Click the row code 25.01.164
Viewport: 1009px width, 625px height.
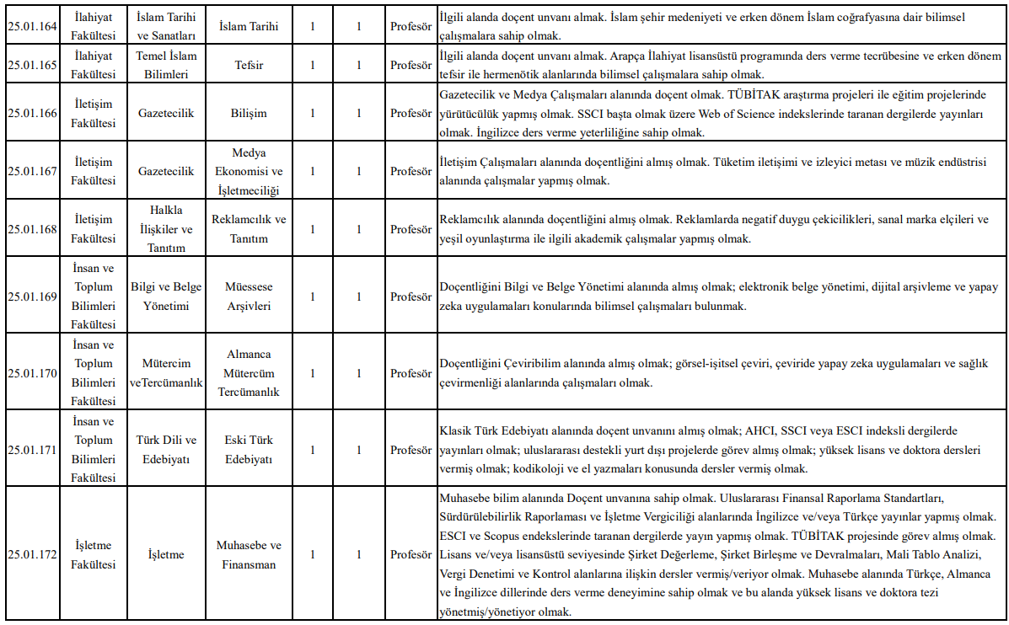pos(32,26)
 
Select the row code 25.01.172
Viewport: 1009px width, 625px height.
pos(32,554)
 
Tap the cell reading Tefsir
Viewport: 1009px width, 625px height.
pos(249,64)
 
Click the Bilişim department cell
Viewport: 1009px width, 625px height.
pos(249,113)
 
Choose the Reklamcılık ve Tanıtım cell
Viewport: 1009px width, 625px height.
pos(249,229)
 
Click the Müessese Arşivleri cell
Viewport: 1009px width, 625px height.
pos(249,296)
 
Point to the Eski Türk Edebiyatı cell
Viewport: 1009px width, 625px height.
pos(249,450)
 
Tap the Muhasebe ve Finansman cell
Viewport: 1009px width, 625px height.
pos(249,554)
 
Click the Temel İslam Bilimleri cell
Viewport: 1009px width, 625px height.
pos(166,64)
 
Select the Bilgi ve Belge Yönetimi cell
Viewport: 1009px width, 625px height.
pos(166,296)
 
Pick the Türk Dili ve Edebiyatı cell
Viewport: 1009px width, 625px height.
pos(166,450)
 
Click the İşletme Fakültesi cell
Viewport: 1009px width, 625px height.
pos(93,554)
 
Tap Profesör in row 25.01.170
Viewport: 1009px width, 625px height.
pos(411,373)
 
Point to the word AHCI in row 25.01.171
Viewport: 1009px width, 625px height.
pos(759,430)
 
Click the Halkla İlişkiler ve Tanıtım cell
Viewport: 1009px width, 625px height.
pos(166,229)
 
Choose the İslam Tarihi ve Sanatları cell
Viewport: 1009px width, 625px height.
pos(166,26)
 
